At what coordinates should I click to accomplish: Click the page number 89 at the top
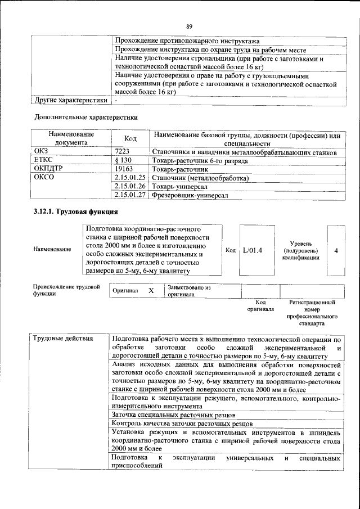click(x=190, y=26)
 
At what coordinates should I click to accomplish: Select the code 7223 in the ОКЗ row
click(x=122, y=152)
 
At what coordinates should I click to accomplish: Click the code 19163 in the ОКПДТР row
click(x=123, y=169)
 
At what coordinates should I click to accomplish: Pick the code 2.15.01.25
click(x=130, y=178)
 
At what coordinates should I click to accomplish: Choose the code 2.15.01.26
click(x=130, y=186)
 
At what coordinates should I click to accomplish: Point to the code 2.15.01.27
click(x=130, y=195)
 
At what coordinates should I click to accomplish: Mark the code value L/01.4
click(x=253, y=250)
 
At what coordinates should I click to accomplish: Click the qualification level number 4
click(x=336, y=250)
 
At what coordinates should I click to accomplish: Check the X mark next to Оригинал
click(x=151, y=291)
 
